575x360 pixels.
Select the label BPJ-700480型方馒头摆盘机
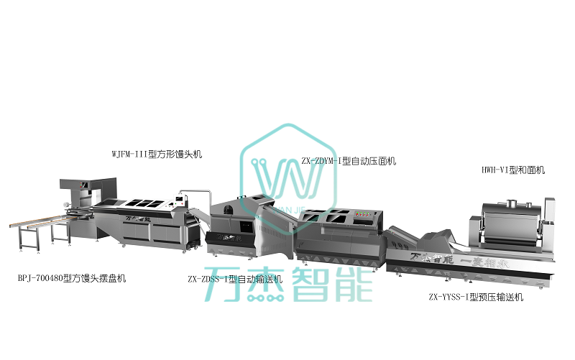pos(72,278)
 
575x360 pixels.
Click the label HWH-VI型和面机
pos(513,170)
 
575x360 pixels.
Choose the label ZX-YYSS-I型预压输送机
pos(476,296)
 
